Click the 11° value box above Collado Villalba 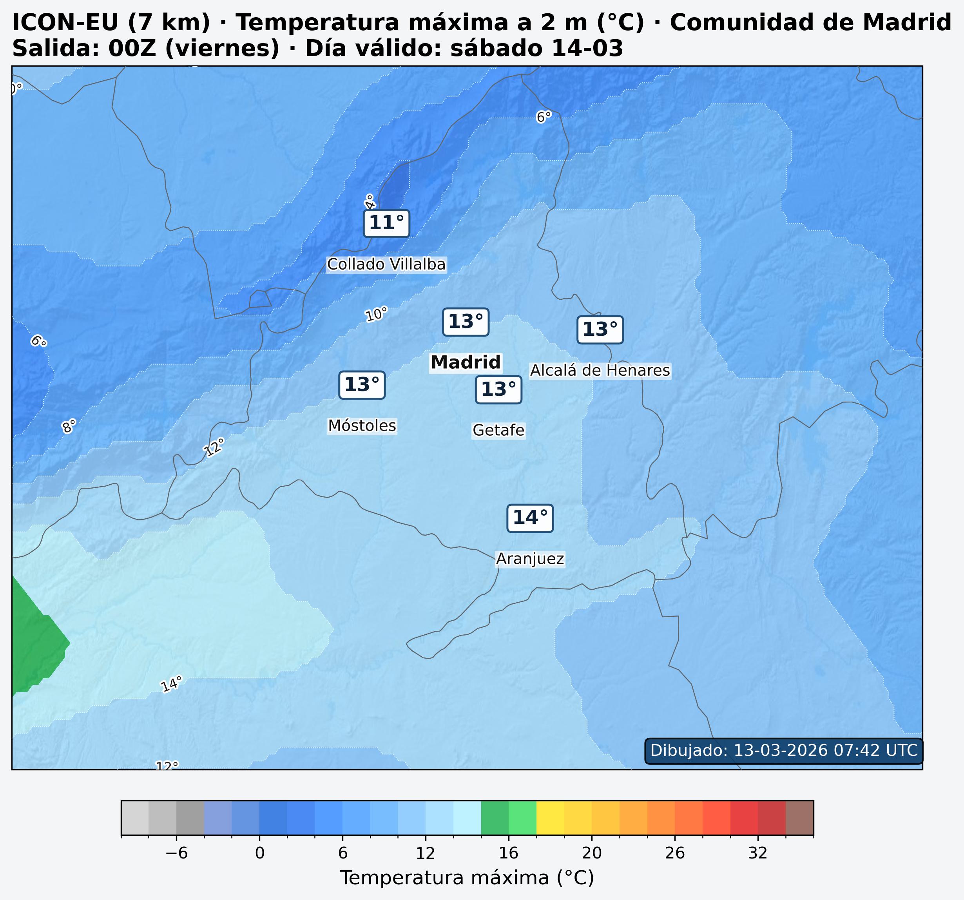[x=386, y=224]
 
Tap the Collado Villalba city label [x=386, y=264]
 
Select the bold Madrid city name [x=466, y=362]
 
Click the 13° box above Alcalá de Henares [x=600, y=330]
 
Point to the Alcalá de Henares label [x=600, y=371]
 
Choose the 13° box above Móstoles [x=362, y=385]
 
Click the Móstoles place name [x=362, y=426]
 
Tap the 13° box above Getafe [x=498, y=389]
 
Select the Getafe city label [x=498, y=430]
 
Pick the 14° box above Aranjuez [x=530, y=518]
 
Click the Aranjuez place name [x=530, y=559]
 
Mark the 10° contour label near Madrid [x=376, y=314]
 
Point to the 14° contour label [x=171, y=684]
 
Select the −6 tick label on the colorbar [x=176, y=853]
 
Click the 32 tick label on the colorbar [x=757, y=853]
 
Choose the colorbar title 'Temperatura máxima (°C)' [x=467, y=878]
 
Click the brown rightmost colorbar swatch [x=799, y=818]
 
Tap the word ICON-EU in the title [x=53, y=23]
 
